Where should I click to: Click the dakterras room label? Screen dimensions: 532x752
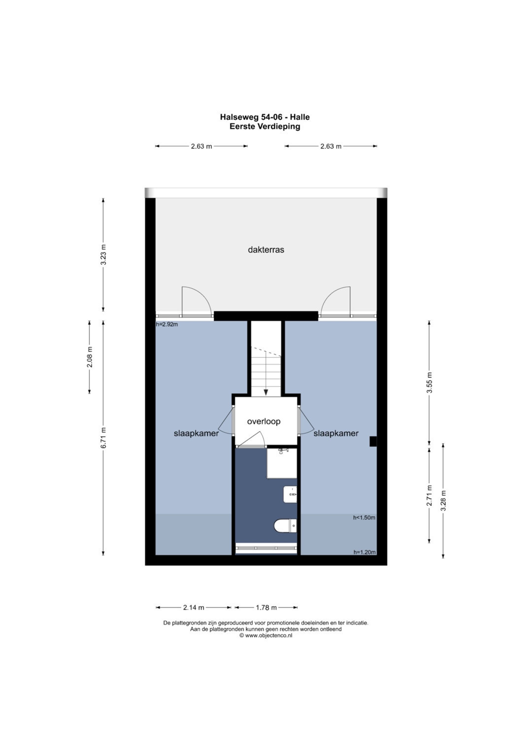266,250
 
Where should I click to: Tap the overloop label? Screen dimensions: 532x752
264,421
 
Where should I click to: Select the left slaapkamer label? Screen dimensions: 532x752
196,433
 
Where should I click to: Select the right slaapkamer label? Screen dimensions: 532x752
336,433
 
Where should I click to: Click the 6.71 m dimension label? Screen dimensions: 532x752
103,438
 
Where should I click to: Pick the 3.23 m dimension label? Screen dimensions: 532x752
103,255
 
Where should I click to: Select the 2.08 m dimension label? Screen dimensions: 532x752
89,357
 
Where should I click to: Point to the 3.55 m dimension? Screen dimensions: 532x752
429,382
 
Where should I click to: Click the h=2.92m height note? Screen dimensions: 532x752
167,325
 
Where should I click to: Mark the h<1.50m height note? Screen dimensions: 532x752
364,518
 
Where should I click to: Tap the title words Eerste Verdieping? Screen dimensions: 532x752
265,126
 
